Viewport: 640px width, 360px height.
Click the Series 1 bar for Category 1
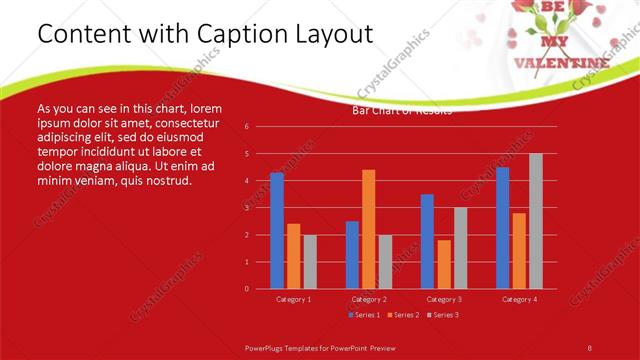point(277,231)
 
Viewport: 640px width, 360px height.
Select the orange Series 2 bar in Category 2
point(369,229)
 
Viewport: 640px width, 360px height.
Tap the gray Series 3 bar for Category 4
point(536,221)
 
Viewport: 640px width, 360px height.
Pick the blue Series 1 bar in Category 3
point(427,241)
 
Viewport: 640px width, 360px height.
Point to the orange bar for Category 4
point(519,250)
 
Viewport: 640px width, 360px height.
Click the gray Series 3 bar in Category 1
point(310,262)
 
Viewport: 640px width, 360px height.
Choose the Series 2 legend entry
point(404,315)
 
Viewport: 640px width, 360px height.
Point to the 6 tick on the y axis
point(246,127)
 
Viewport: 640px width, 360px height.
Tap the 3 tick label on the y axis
point(246,208)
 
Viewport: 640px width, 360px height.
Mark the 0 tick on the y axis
point(246,289)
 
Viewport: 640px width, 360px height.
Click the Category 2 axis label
point(369,299)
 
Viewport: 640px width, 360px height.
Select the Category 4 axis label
point(519,299)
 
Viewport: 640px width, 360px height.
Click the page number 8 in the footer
point(590,346)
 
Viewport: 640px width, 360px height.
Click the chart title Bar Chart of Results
point(402,110)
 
